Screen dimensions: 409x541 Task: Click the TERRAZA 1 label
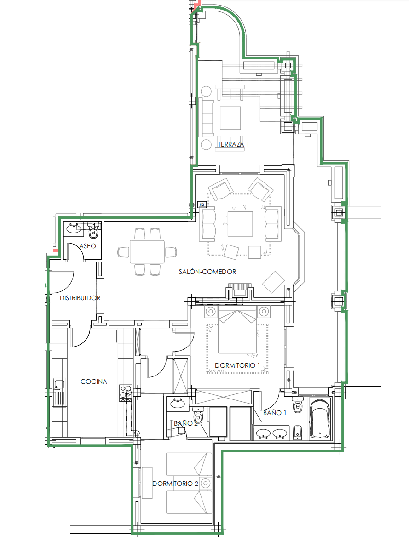pos(233,144)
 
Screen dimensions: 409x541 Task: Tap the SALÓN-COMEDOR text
pos(207,272)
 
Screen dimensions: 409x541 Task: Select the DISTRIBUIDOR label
pos(80,298)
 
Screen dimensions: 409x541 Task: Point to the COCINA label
pos(93,381)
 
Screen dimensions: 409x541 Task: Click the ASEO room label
pos(88,246)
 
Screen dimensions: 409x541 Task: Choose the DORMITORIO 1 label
pos(237,365)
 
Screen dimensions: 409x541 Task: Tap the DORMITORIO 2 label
pos(175,484)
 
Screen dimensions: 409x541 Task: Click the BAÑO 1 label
pos(275,413)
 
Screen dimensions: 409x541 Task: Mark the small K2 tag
pos(202,205)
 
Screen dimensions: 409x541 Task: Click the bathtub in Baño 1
pos(320,419)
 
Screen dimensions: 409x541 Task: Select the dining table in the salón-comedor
pos(147,251)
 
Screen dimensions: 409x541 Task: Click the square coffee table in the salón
pos(240,224)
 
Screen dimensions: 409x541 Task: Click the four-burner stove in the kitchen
pos(126,393)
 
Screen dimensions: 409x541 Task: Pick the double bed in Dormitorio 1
pos(237,331)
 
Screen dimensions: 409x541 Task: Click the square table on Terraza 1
pos(230,118)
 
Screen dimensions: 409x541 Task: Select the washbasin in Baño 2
pos(178,403)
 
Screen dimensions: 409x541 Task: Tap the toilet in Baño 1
pos(298,405)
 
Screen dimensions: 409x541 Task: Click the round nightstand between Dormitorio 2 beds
pos(206,484)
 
